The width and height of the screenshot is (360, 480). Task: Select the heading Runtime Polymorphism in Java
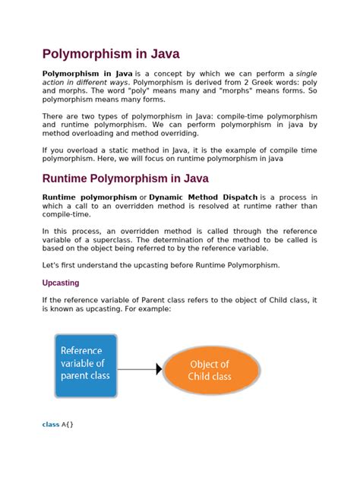[125, 179]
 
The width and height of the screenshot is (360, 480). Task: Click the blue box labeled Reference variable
[85, 365]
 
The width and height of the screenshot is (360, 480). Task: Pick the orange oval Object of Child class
[210, 370]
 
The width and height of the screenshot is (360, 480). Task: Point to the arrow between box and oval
[141, 369]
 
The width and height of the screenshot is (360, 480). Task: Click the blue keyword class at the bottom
[50, 425]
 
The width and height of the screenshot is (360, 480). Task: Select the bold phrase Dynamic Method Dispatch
[203, 197]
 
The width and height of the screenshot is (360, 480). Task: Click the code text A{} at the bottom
[67, 425]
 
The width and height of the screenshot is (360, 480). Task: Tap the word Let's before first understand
[50, 265]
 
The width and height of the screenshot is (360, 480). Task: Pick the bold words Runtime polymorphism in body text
[84, 197]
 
